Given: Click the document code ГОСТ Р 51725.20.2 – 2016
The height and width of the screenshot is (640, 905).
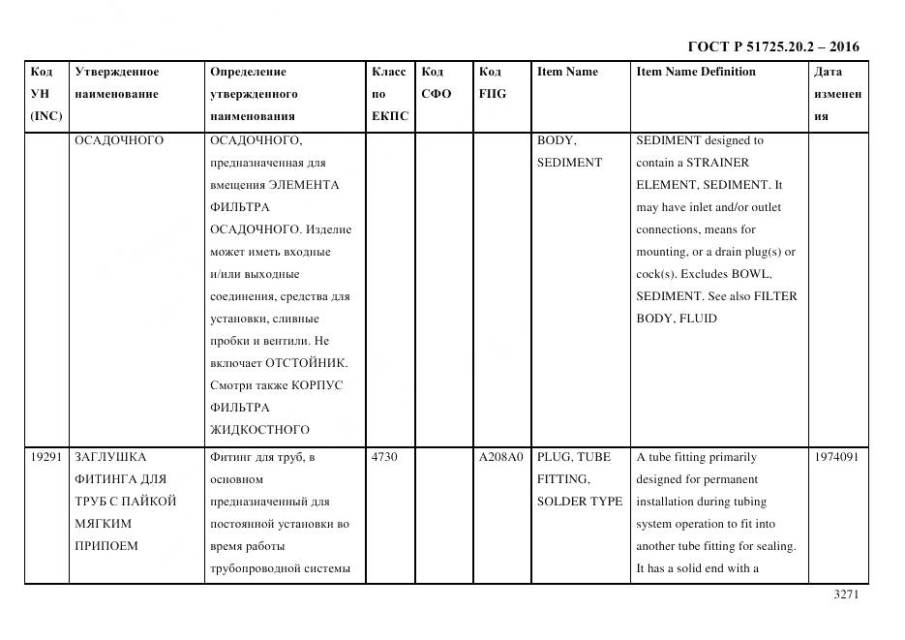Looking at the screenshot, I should [x=773, y=46].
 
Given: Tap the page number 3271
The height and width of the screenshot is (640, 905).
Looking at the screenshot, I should [x=846, y=594].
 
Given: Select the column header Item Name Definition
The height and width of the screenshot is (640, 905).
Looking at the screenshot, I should [x=695, y=72].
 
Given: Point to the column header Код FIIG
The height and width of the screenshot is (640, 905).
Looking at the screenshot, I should [x=493, y=83].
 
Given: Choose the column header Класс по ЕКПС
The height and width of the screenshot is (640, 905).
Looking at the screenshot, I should [x=389, y=94].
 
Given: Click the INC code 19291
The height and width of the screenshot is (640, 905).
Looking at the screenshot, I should [x=46, y=457].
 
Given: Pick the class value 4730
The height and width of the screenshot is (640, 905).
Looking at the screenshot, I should [x=385, y=457].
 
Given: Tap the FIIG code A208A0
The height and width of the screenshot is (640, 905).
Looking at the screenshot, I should [x=500, y=457].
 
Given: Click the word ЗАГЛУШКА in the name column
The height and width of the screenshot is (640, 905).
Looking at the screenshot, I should [x=110, y=457].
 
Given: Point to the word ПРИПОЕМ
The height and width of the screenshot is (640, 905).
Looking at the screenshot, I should [x=106, y=546].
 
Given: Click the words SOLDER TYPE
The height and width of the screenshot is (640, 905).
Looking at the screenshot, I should [x=580, y=502].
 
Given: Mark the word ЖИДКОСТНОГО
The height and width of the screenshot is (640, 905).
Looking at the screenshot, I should [x=259, y=430].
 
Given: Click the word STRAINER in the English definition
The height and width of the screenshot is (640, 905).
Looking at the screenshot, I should [x=712, y=163].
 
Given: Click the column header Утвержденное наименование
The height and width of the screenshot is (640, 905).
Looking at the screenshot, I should [x=117, y=83].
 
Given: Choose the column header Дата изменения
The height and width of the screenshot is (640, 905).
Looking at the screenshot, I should [x=837, y=94].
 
